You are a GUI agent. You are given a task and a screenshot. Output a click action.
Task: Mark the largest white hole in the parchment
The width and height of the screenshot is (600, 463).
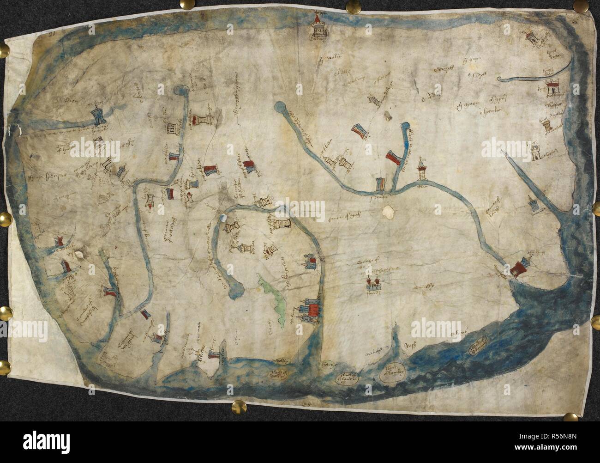click(388, 211)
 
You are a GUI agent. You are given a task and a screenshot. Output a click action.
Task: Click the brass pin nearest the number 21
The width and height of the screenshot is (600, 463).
click(7, 50)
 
